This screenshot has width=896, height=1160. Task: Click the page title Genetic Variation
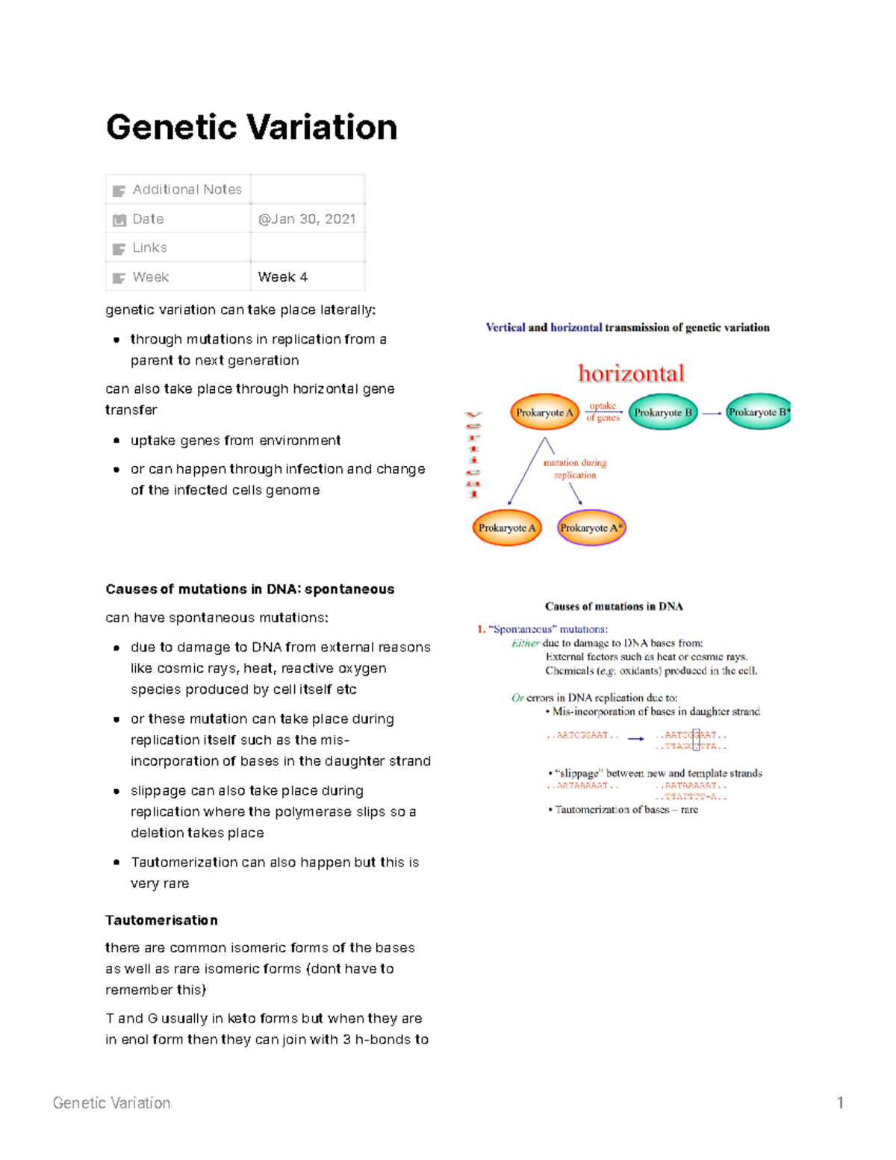click(x=251, y=127)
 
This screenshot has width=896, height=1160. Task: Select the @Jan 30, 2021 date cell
click(x=306, y=219)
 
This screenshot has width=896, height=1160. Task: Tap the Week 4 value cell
click(x=283, y=277)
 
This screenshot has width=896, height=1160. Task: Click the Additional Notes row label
click(x=187, y=190)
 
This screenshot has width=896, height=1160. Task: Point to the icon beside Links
click(x=119, y=249)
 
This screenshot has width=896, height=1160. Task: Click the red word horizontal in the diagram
click(x=631, y=373)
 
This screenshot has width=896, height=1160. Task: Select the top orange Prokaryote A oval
click(x=544, y=412)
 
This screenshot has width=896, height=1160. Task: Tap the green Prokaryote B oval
click(x=663, y=412)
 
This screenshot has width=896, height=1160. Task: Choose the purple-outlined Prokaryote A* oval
click(x=591, y=528)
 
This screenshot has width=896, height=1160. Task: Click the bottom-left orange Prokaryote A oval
click(x=507, y=528)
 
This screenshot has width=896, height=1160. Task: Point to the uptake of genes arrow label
click(x=603, y=412)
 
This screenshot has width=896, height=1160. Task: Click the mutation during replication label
click(x=575, y=468)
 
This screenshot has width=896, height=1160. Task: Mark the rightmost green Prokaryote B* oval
click(x=758, y=412)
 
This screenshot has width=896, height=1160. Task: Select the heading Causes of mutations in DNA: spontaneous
click(x=250, y=589)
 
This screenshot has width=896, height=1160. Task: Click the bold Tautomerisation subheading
click(x=161, y=920)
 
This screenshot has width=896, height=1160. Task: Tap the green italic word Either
click(x=525, y=643)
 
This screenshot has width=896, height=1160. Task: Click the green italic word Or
click(x=517, y=698)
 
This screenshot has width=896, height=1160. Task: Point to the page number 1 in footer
click(x=840, y=1103)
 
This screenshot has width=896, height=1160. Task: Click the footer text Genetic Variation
click(x=112, y=1103)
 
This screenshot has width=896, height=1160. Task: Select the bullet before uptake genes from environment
click(x=116, y=441)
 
